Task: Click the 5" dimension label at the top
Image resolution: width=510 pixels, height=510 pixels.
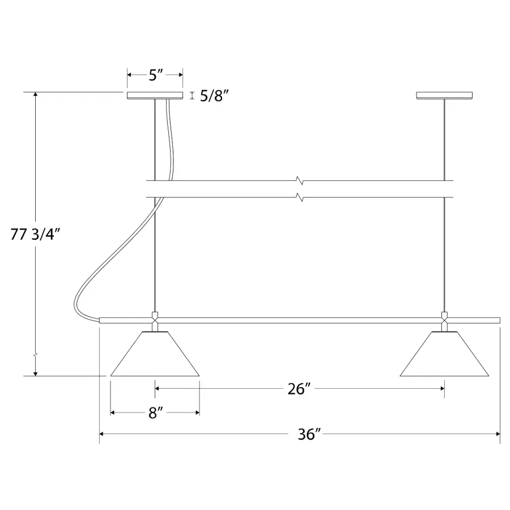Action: [155, 75]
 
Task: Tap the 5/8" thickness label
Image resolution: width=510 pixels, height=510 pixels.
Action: [214, 96]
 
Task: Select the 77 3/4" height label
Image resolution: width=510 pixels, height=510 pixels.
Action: [35, 234]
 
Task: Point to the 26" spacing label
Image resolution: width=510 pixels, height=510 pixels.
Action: [299, 389]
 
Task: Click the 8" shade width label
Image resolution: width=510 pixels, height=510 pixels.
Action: [155, 413]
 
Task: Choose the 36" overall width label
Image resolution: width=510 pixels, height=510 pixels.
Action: [309, 434]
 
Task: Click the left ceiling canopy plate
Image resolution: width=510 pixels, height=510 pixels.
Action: [155, 96]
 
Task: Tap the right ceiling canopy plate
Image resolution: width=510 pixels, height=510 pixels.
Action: [444, 96]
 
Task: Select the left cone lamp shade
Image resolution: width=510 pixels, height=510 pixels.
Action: [155, 354]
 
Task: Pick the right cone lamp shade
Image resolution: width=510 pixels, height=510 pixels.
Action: [444, 354]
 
